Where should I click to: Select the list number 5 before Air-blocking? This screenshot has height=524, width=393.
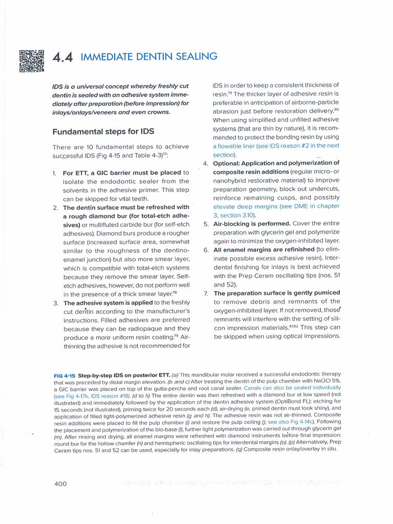point(205,224)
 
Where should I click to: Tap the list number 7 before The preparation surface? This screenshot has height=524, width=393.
point(205,293)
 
